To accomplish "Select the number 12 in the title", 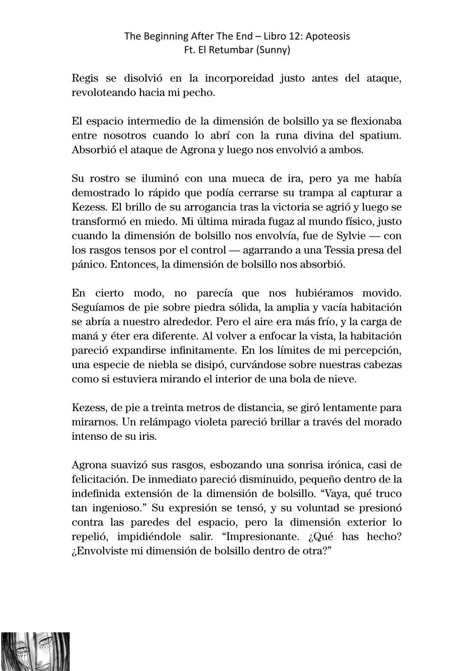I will pyautogui.click(x=286, y=36).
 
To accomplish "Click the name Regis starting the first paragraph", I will pyautogui.click(x=83, y=78).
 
